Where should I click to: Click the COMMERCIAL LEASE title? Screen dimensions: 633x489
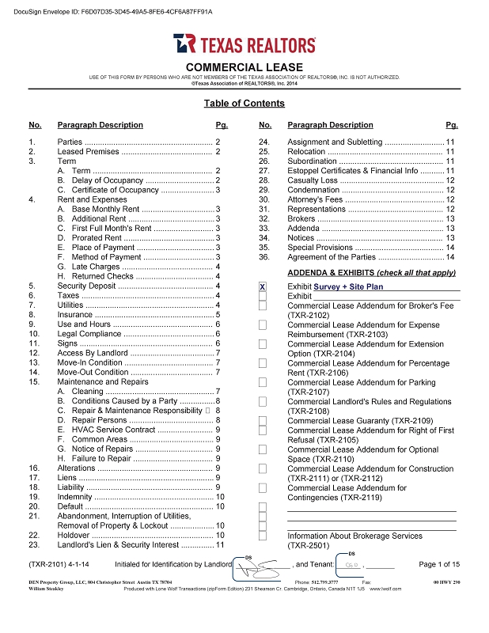(244, 66)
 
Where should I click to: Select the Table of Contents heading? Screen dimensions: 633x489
(244, 104)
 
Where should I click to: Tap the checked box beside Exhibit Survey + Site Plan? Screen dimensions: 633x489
(263, 286)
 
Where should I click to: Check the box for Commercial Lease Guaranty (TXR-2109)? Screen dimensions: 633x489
(263, 420)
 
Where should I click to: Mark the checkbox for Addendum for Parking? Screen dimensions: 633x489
(263, 382)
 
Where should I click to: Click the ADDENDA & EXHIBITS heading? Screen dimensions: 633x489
(371, 273)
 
